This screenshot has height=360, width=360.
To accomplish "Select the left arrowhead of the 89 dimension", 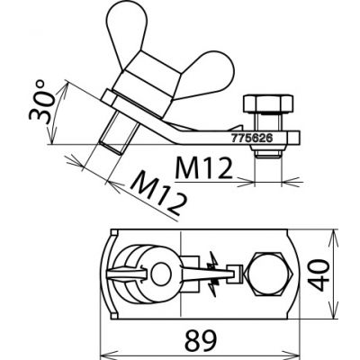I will pos(102,349).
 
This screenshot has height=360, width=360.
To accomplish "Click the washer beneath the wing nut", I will pos(135,103).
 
